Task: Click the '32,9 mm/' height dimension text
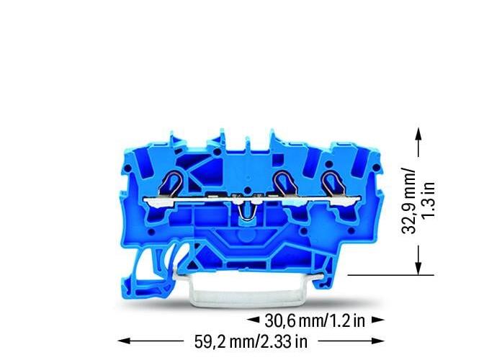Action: point(408,202)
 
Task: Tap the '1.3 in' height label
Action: point(428,199)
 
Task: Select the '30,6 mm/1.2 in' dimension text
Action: point(315,320)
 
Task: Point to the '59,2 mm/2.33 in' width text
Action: point(251,341)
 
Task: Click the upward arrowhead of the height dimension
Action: point(418,134)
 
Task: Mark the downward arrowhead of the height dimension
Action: point(418,268)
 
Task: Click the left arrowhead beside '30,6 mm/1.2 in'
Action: point(253,320)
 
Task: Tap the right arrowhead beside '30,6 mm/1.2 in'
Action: point(378,320)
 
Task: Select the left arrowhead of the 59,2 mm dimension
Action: point(124,341)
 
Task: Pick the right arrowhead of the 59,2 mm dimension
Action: point(378,341)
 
